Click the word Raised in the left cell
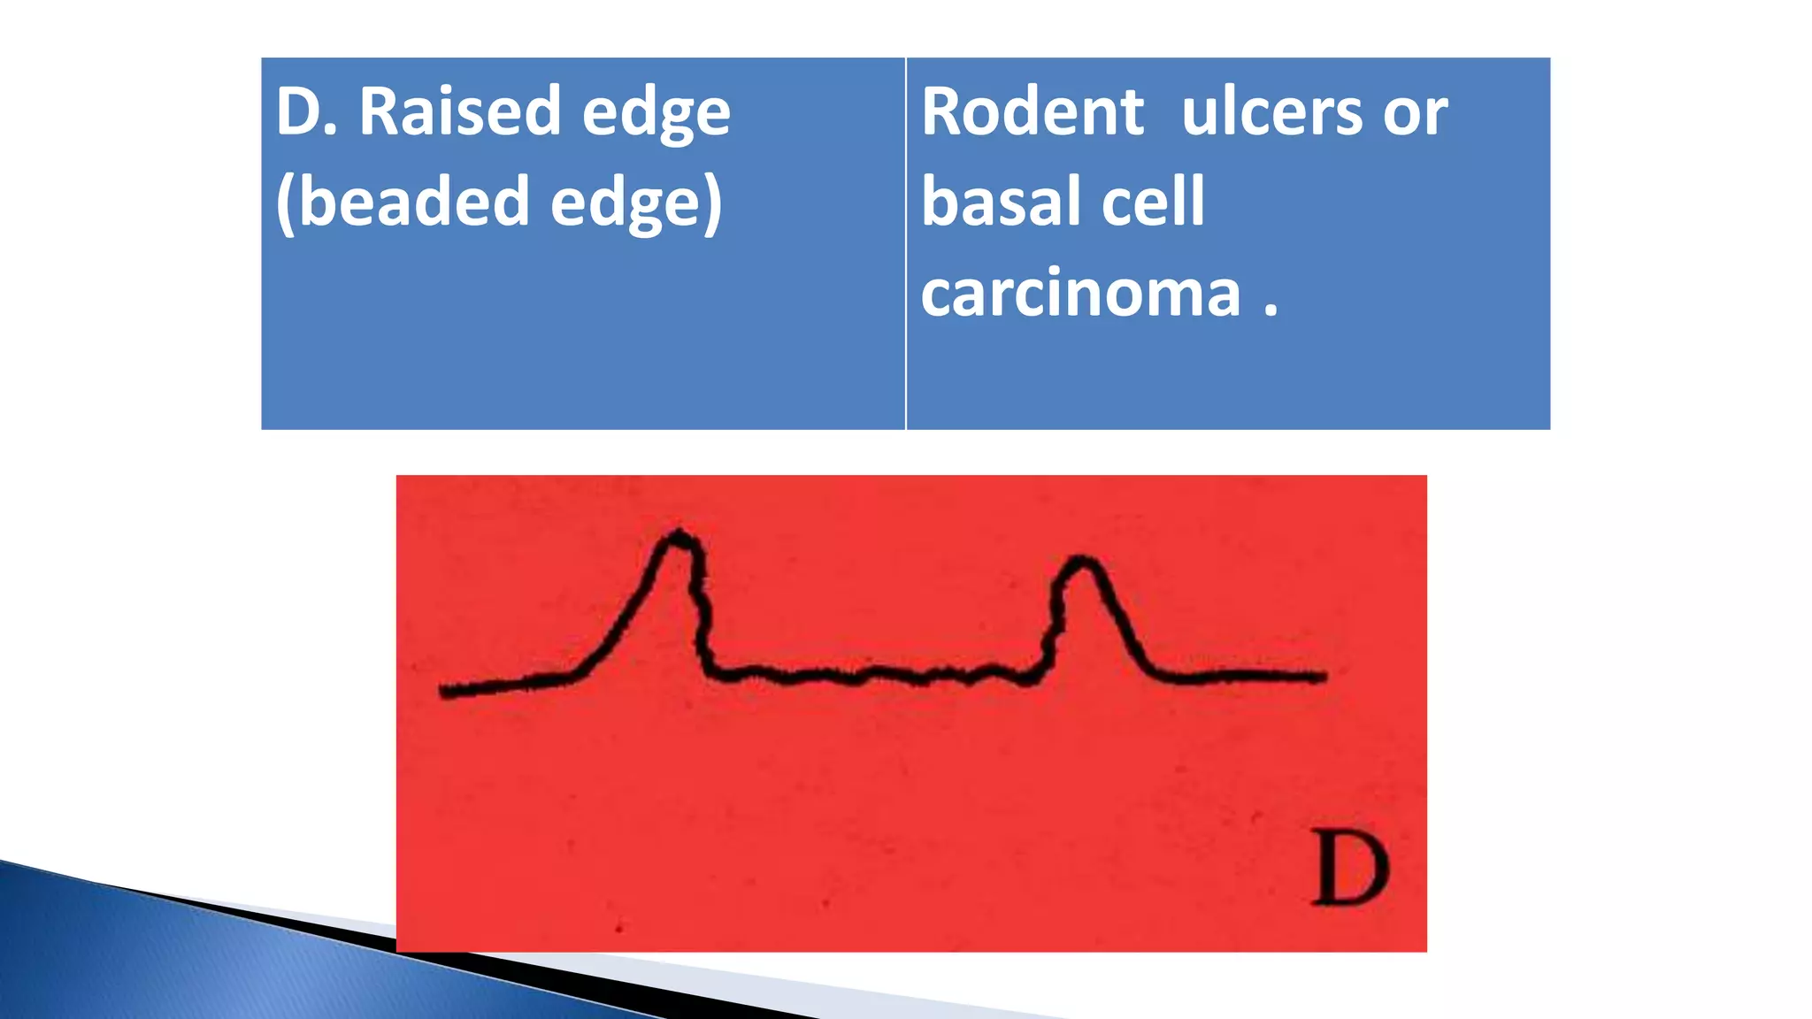(x=459, y=112)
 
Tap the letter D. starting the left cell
(x=306, y=112)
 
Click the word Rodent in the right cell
(x=1033, y=112)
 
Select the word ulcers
(x=1271, y=112)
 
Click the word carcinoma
(x=1080, y=294)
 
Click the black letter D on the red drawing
(x=1349, y=869)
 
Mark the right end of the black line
(x=1323, y=677)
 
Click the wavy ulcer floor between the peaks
(x=876, y=676)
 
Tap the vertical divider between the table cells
(x=906, y=243)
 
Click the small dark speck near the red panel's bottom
(x=618, y=928)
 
